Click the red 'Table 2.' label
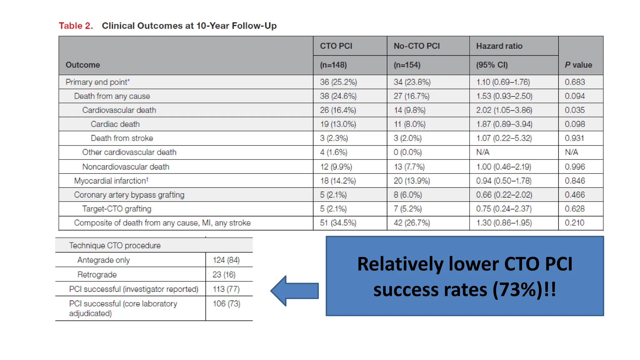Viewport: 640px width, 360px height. pyautogui.click(x=76, y=26)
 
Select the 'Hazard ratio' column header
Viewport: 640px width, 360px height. pyautogui.click(x=499, y=46)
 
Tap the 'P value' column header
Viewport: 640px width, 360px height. pyautogui.click(x=578, y=65)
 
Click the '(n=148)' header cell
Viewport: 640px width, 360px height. pyautogui.click(x=333, y=65)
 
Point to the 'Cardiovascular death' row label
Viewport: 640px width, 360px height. pyautogui.click(x=119, y=110)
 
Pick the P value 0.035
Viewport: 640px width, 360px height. pyautogui.click(x=574, y=110)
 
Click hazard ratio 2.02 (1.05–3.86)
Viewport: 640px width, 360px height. pyautogui.click(x=504, y=110)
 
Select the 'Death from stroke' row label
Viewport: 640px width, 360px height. pyautogui.click(x=122, y=138)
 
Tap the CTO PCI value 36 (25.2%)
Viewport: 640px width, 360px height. pyautogui.click(x=338, y=82)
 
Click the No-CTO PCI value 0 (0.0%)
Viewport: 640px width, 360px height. pyautogui.click(x=407, y=152)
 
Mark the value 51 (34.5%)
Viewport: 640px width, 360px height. pyautogui.click(x=338, y=223)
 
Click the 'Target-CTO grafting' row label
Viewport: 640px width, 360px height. pyautogui.click(x=117, y=209)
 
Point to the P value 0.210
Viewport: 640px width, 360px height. pyautogui.click(x=574, y=223)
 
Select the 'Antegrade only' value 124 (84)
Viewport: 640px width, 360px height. pyautogui.click(x=226, y=260)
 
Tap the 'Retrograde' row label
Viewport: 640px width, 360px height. pyautogui.click(x=97, y=275)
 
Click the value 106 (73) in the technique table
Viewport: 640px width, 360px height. pyautogui.click(x=226, y=303)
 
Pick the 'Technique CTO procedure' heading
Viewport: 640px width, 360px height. pyautogui.click(x=115, y=245)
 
